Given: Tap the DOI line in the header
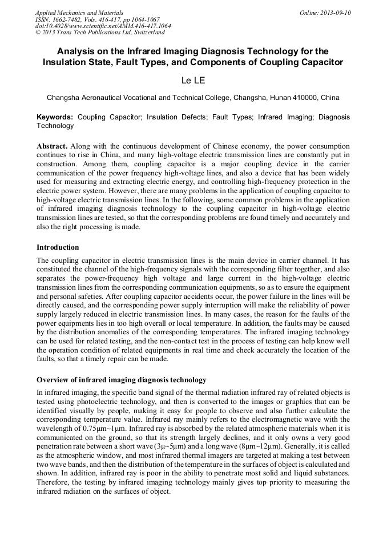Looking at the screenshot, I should (x=103, y=26).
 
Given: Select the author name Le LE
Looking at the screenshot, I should (x=193, y=81).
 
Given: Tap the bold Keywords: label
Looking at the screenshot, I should (x=55, y=117).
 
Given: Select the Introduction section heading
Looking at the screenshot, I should (x=58, y=247).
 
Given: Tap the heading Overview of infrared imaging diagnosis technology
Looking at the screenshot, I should (x=121, y=380).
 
